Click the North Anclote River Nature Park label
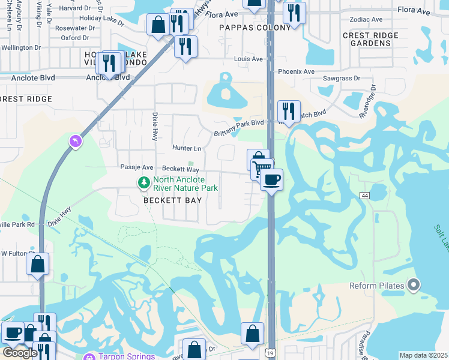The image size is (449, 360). pos(185,184)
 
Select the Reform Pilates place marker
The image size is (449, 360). pos(413,285)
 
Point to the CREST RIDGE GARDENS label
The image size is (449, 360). pos(370,40)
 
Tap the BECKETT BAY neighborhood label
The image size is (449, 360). pos(172,200)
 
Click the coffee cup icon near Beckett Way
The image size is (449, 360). pos(272,179)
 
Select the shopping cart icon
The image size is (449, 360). pos(262,169)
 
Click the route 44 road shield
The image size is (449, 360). pos(364,196)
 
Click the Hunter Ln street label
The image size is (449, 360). pos(187,148)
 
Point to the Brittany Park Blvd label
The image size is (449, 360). pos(240,122)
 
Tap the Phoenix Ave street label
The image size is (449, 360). pos(297,71)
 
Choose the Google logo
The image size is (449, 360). pos(19,353)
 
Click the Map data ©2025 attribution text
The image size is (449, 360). pos(423,355)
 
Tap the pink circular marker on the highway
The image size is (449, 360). pos(75,141)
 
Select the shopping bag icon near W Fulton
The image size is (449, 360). pos(37,264)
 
